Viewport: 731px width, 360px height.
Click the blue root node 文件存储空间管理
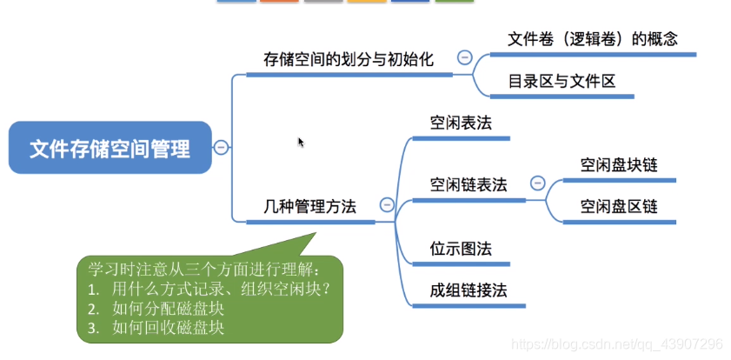coord(110,148)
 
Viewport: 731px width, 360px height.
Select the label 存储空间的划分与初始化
coord(348,59)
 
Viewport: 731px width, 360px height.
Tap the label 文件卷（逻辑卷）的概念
coord(592,39)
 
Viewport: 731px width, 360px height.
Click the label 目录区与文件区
coord(562,82)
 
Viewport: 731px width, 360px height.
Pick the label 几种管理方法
coord(310,206)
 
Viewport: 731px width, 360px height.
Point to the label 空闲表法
coord(461,123)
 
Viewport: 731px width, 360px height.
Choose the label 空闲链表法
coord(469,184)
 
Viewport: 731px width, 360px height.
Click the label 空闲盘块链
coord(619,164)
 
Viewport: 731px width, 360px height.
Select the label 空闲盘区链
coord(619,206)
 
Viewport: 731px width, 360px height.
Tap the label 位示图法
coord(461,249)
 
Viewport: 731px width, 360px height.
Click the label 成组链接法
coord(469,290)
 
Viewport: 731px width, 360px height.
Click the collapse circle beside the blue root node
coord(222,148)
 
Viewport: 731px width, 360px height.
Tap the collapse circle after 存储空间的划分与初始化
coord(464,58)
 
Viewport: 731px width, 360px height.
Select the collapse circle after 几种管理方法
coord(387,206)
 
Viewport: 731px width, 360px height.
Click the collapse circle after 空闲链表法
coord(537,183)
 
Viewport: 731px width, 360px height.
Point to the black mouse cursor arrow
coord(301,142)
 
